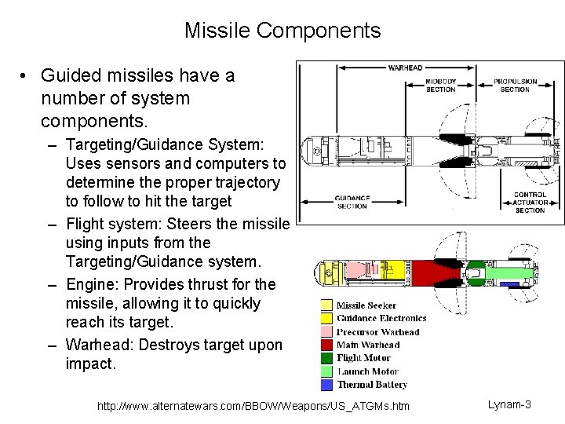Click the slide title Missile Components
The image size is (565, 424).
(282, 31)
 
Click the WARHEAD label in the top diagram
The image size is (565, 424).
(405, 68)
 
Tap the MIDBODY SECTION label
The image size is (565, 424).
(440, 85)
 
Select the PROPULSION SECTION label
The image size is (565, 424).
(515, 85)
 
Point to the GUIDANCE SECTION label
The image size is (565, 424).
(352, 202)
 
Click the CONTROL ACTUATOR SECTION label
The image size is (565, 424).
(530, 202)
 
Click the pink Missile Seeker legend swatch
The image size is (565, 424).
(326, 305)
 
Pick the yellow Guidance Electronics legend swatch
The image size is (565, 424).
(326, 318)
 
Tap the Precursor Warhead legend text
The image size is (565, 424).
(377, 331)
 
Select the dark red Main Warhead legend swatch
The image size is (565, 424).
(326, 345)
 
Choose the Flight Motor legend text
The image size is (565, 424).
(363, 358)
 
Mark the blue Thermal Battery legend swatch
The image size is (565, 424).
(326, 385)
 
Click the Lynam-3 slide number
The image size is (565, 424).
(509, 404)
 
